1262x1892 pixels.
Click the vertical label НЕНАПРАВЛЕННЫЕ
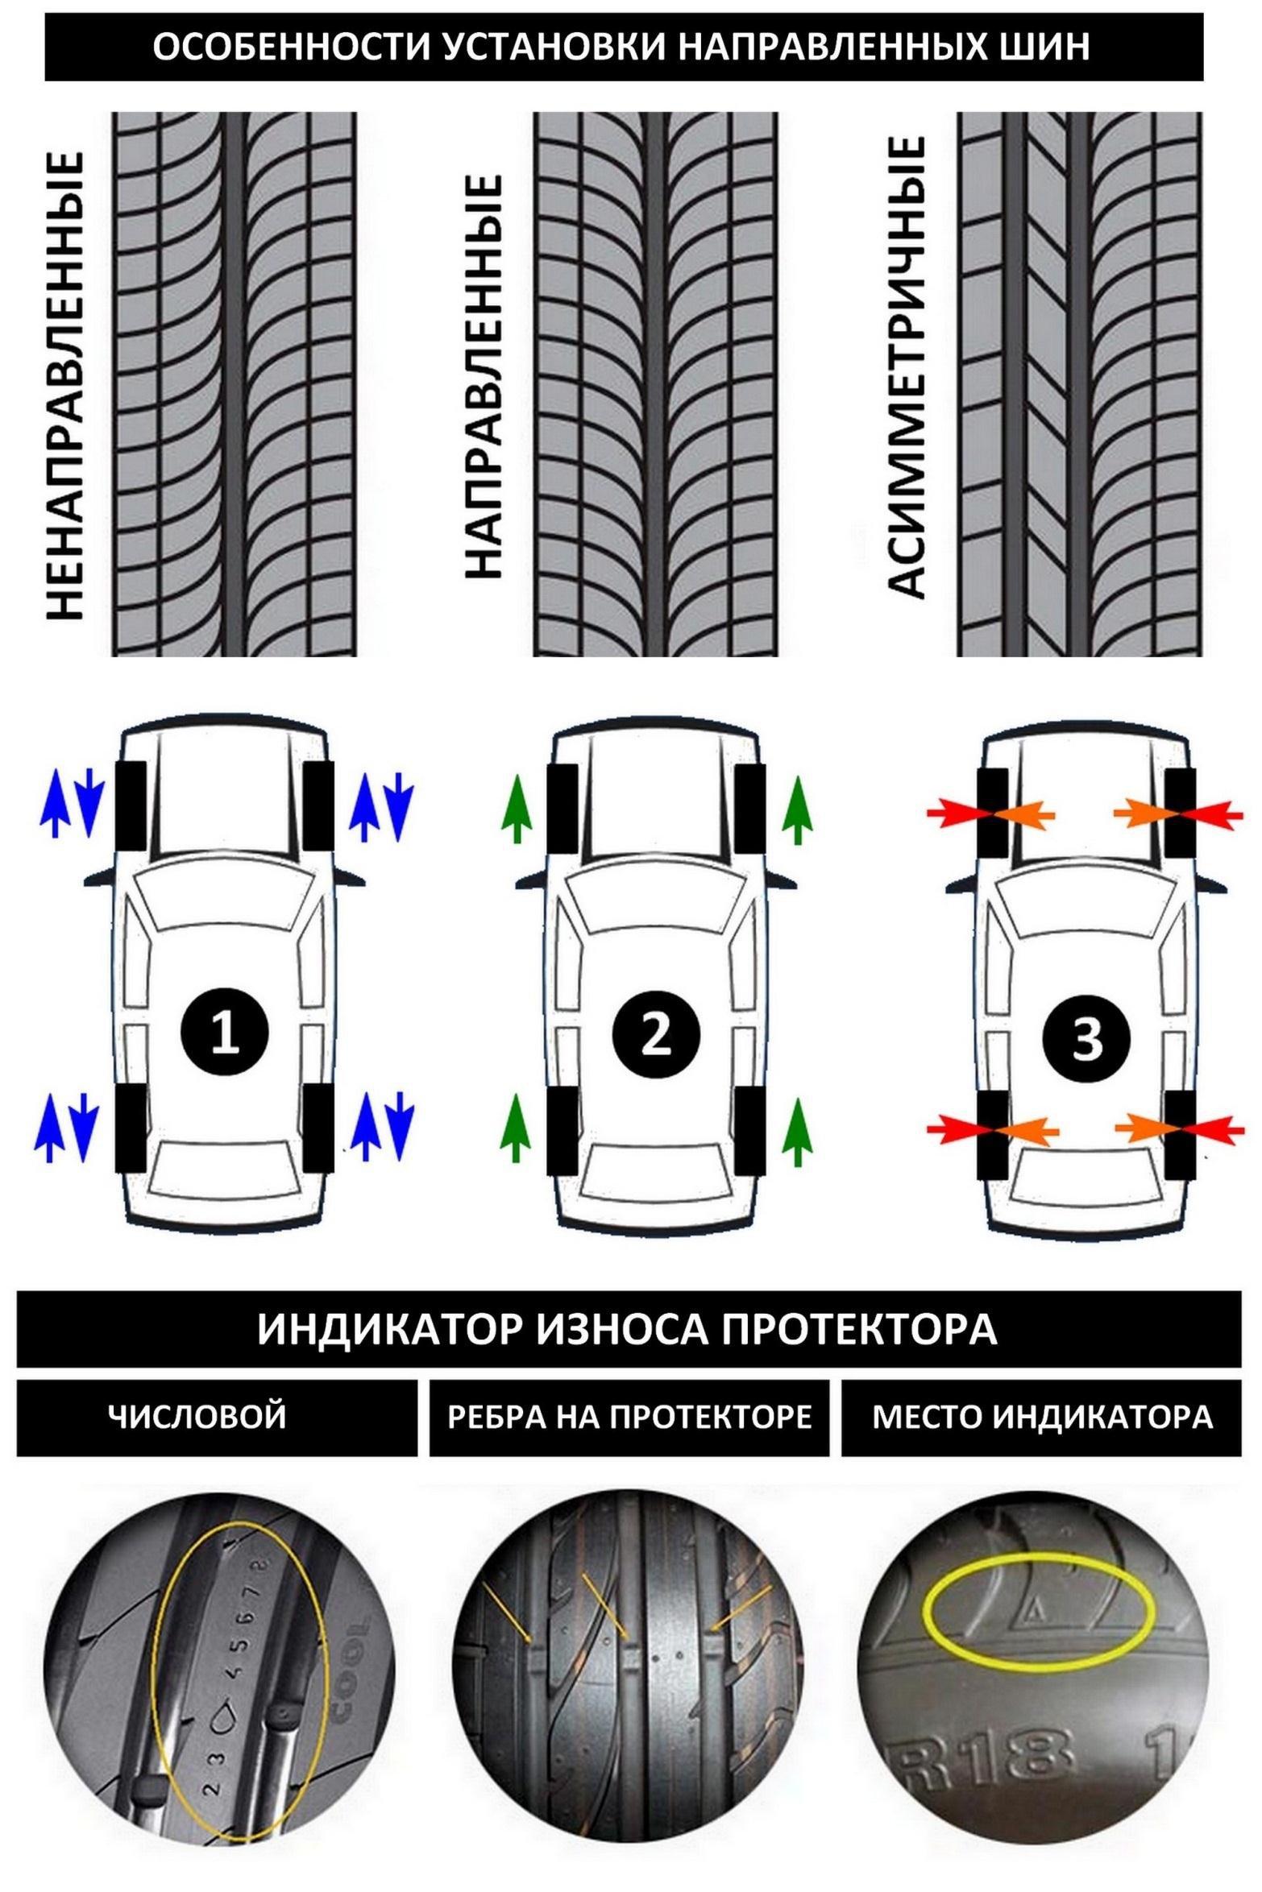[x=64, y=386]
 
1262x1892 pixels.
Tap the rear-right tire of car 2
[x=749, y=1131]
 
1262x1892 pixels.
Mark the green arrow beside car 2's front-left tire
[x=517, y=809]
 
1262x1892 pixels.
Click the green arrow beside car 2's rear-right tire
[x=797, y=1131]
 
